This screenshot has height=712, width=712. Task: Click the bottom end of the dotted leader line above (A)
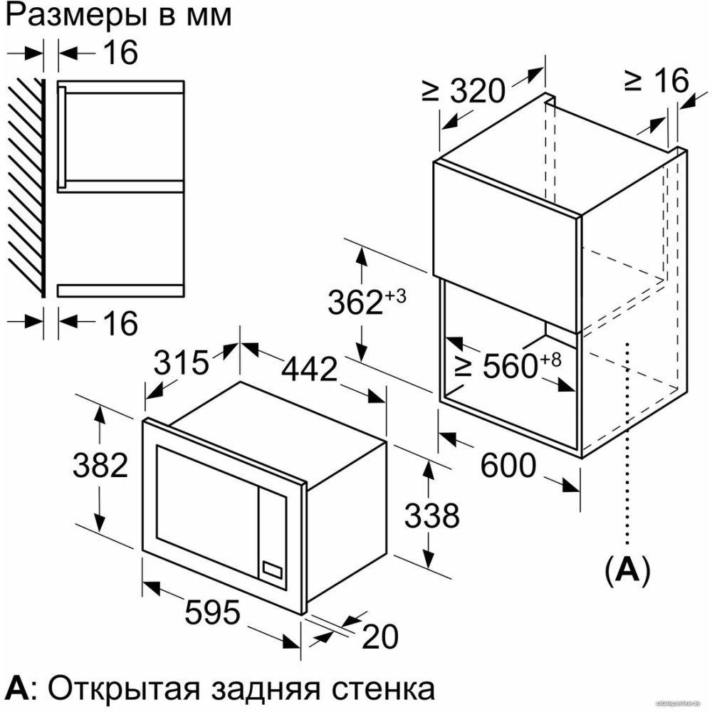628,543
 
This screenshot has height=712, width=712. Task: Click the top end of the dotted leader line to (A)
628,344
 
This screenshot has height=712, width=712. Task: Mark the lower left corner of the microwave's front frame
142,551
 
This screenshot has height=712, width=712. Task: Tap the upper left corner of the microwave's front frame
143,420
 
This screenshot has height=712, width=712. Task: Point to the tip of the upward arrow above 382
100,406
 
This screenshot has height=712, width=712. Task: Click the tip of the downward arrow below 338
428,567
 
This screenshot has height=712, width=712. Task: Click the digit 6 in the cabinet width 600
491,466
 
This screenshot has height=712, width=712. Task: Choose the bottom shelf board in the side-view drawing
120,290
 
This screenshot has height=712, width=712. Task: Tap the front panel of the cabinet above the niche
506,244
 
